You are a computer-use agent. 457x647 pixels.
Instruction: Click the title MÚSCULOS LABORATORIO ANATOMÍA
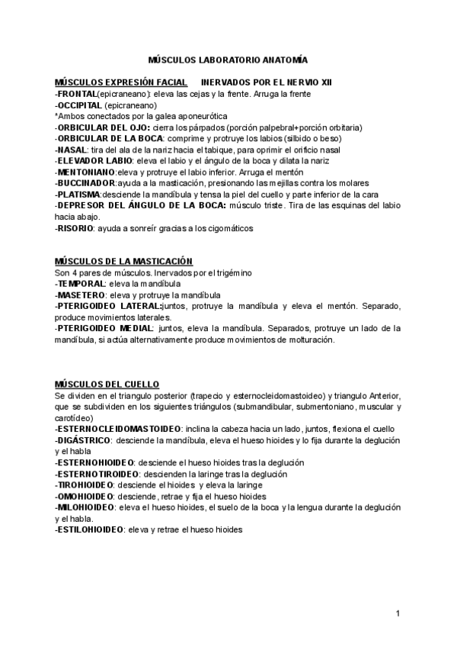click(x=228, y=59)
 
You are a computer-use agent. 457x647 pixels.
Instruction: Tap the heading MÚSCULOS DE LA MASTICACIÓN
click(x=123, y=260)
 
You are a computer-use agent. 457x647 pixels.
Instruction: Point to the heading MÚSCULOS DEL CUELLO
click(x=107, y=384)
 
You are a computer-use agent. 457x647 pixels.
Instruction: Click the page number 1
click(x=398, y=613)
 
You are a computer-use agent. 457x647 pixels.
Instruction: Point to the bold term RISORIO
click(x=76, y=228)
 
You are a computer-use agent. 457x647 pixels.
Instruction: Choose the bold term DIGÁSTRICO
click(x=85, y=440)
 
